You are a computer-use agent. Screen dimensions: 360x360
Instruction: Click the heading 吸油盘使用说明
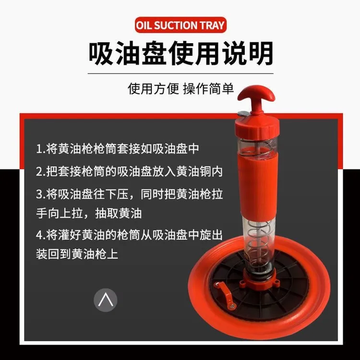[x=180, y=53]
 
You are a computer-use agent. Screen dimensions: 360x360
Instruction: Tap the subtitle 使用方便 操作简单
[x=180, y=89]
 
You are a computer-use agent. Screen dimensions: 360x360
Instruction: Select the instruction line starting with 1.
[x=117, y=148]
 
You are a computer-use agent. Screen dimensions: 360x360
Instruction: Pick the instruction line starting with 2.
[x=130, y=171]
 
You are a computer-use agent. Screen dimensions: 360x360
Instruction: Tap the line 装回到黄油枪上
[x=77, y=254]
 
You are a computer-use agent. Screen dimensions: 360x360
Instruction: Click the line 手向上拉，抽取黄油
[x=88, y=213]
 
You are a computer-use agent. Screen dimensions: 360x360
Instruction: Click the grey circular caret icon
[x=105, y=300]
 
